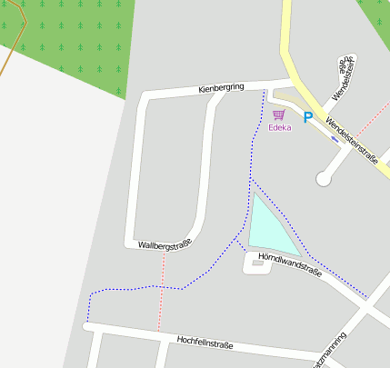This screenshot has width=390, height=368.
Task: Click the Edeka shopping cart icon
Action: point(278,114)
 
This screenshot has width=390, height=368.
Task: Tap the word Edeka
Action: point(279,128)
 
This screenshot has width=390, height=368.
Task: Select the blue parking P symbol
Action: point(307,117)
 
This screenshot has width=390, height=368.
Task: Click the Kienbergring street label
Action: point(222,88)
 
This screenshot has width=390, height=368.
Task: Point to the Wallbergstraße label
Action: point(165,245)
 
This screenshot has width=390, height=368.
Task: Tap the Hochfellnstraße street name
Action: point(205,343)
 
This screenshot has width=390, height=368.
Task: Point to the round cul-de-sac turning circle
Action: point(323,179)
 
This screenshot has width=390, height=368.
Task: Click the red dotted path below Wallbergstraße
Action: point(162,291)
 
